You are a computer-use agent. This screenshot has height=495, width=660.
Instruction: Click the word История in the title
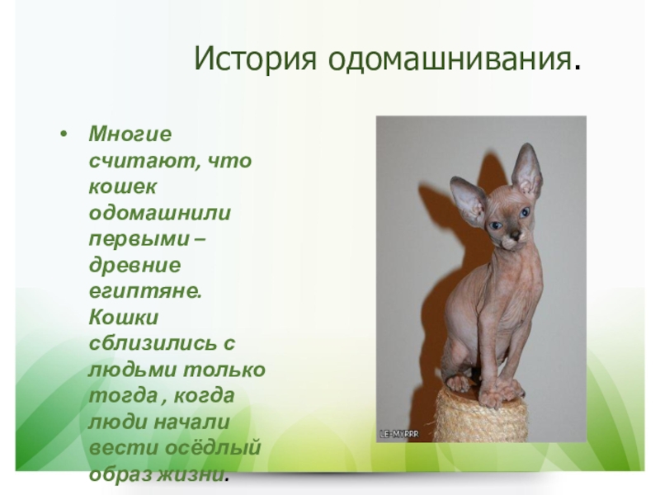(x=255, y=59)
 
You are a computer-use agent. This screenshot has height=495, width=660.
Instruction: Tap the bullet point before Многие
(x=64, y=134)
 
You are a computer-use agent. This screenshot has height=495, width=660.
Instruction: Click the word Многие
(x=130, y=134)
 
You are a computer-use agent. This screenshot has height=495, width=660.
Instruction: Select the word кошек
(x=122, y=187)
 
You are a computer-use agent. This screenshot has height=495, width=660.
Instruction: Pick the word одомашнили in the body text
(x=160, y=213)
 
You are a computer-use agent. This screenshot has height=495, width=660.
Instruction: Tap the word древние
(x=134, y=266)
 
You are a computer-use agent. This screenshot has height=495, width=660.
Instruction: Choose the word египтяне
(x=145, y=292)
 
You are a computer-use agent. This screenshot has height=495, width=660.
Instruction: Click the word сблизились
(x=152, y=344)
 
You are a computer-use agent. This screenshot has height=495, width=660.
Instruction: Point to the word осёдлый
(x=213, y=448)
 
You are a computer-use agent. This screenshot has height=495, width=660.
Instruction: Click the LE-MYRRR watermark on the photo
(x=399, y=434)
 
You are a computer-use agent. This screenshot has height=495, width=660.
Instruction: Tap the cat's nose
(x=514, y=235)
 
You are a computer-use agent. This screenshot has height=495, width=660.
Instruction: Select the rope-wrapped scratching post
(x=481, y=417)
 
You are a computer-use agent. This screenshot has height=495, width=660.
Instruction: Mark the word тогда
(x=123, y=396)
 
